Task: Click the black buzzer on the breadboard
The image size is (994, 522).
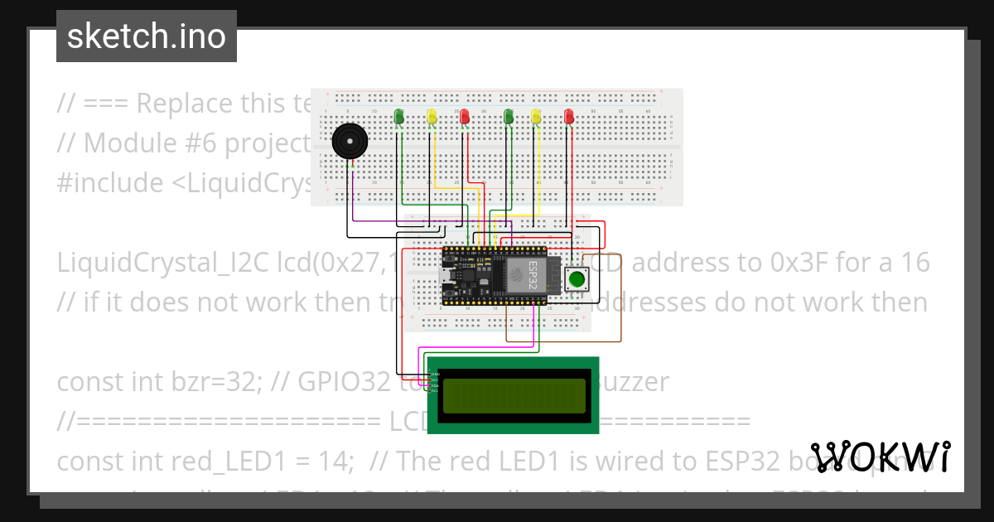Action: pos(348,142)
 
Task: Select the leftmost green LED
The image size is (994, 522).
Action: pos(399,117)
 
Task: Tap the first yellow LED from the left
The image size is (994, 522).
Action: pos(431,117)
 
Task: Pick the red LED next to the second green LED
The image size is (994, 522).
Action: pos(465,117)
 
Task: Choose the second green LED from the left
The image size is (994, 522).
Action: pos(508,117)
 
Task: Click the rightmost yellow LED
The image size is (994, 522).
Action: pos(537,117)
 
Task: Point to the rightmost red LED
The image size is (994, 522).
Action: pos(568,117)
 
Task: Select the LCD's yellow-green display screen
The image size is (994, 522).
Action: pos(512,396)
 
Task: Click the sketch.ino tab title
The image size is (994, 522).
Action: pos(146,36)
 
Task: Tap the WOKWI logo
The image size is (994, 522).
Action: pos(880,457)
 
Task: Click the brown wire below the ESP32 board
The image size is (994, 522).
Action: pos(563,341)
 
